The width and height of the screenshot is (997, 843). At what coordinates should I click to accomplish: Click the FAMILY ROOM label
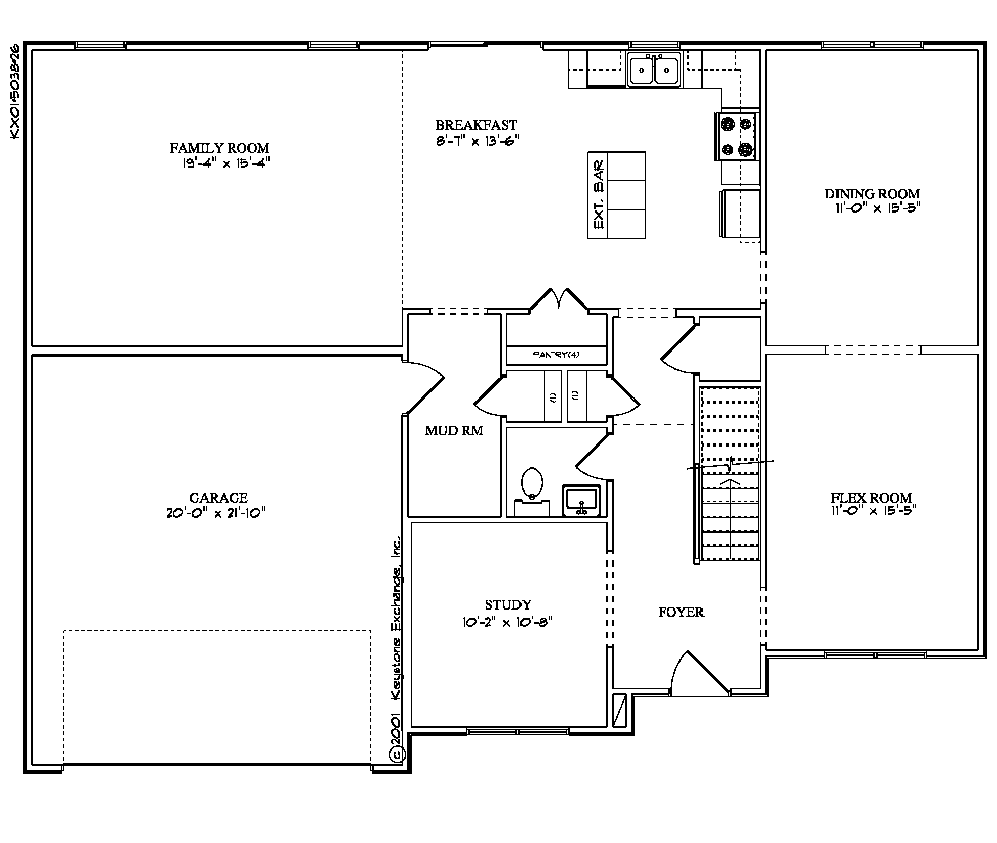[x=219, y=148]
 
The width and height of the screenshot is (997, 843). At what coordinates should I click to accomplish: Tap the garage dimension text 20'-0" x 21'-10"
[x=216, y=513]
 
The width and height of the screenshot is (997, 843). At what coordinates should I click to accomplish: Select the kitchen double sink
[x=654, y=69]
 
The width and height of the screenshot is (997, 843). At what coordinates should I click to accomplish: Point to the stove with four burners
[x=736, y=136]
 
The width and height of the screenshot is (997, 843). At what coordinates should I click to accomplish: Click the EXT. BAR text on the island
[x=598, y=195]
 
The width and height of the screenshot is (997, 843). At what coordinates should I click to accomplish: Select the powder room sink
[x=582, y=501]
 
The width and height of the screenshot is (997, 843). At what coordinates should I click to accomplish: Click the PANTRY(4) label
[x=556, y=355]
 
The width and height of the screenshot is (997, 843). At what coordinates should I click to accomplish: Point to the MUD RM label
[x=454, y=431]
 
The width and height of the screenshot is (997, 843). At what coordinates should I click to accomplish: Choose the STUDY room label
[x=508, y=605]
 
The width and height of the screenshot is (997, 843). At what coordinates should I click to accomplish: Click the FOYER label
[x=681, y=612]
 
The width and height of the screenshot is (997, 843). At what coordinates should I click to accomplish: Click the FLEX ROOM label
[x=871, y=498]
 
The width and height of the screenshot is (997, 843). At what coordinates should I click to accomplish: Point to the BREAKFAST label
[x=476, y=125]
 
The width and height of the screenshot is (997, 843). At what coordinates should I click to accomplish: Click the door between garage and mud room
[x=423, y=387]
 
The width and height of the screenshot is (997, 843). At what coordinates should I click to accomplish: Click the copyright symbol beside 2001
[x=397, y=754]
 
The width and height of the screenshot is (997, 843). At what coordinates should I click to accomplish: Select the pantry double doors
[x=559, y=300]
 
